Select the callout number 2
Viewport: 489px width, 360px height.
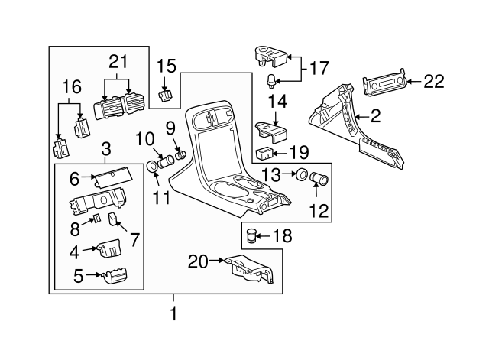[375, 116]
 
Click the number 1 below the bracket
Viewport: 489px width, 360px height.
[173, 313]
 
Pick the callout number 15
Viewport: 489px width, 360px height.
[167, 67]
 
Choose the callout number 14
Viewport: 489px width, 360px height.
[277, 101]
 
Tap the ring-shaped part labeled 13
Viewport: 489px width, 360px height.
[302, 175]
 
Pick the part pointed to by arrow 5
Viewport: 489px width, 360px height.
[115, 276]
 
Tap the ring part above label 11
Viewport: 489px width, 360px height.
[152, 166]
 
